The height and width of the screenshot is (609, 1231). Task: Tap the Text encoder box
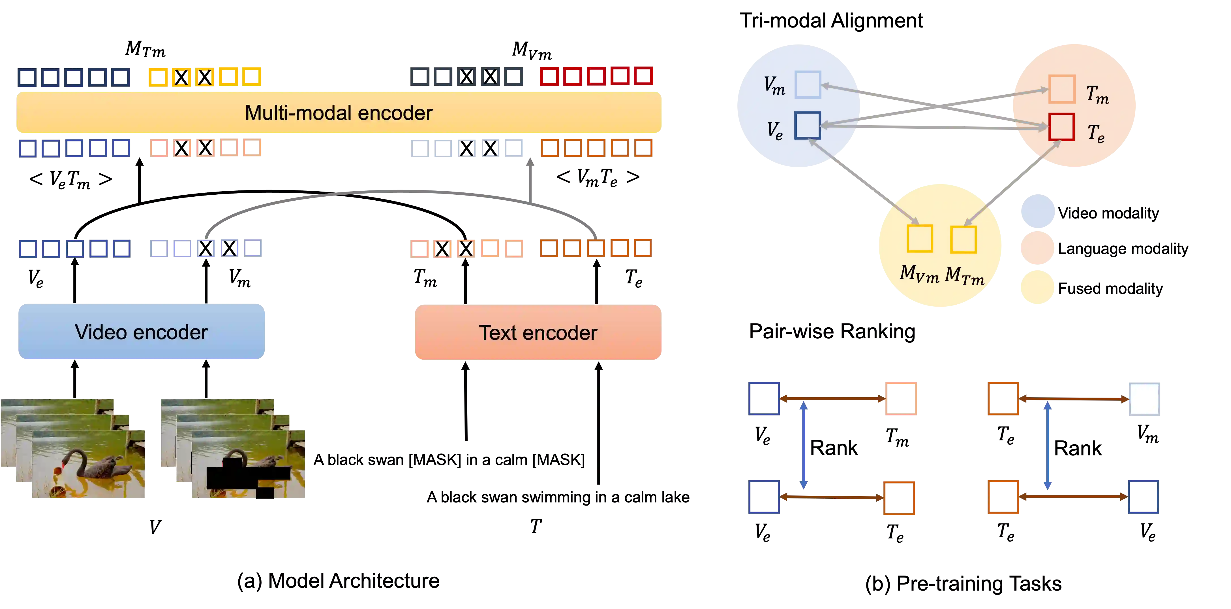538,332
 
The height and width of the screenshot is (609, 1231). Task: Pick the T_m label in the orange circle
1097,94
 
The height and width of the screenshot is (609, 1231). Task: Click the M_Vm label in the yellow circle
919,274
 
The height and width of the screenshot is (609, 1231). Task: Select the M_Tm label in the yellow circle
964,275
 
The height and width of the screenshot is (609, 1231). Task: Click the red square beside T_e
1061,127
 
